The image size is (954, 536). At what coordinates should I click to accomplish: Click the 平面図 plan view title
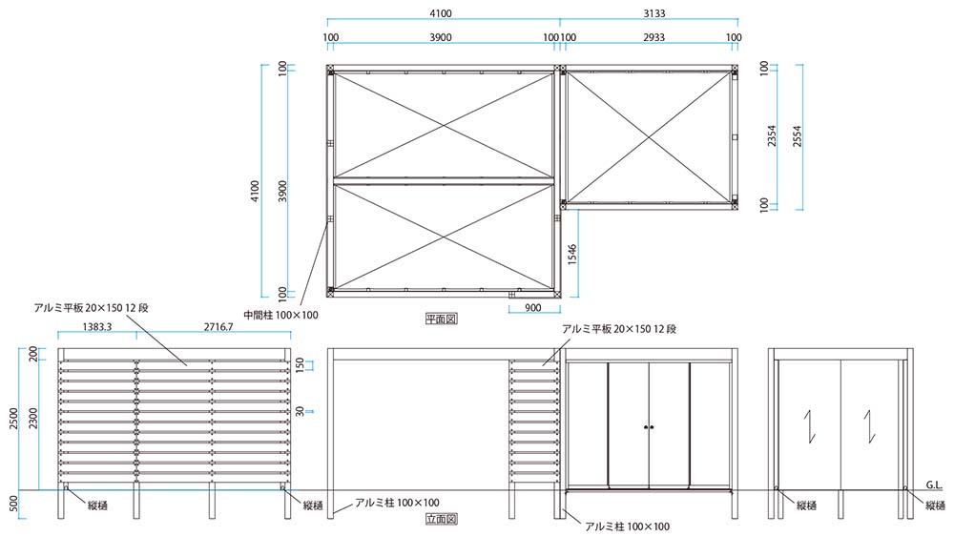click(441, 319)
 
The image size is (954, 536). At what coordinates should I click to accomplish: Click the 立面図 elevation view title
click(441, 520)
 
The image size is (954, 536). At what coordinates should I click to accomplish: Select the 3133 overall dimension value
click(648, 12)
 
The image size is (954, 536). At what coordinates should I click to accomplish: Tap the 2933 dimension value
click(648, 38)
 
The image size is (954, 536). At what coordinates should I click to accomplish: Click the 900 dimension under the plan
click(532, 308)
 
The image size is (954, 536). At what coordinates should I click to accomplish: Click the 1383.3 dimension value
click(93, 327)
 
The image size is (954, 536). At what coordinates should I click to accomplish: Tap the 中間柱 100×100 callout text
click(280, 314)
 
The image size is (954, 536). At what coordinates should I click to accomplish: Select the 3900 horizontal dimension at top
click(441, 38)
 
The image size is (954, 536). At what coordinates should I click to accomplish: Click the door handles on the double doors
click(649, 426)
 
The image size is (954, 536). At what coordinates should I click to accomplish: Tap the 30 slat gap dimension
click(299, 410)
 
